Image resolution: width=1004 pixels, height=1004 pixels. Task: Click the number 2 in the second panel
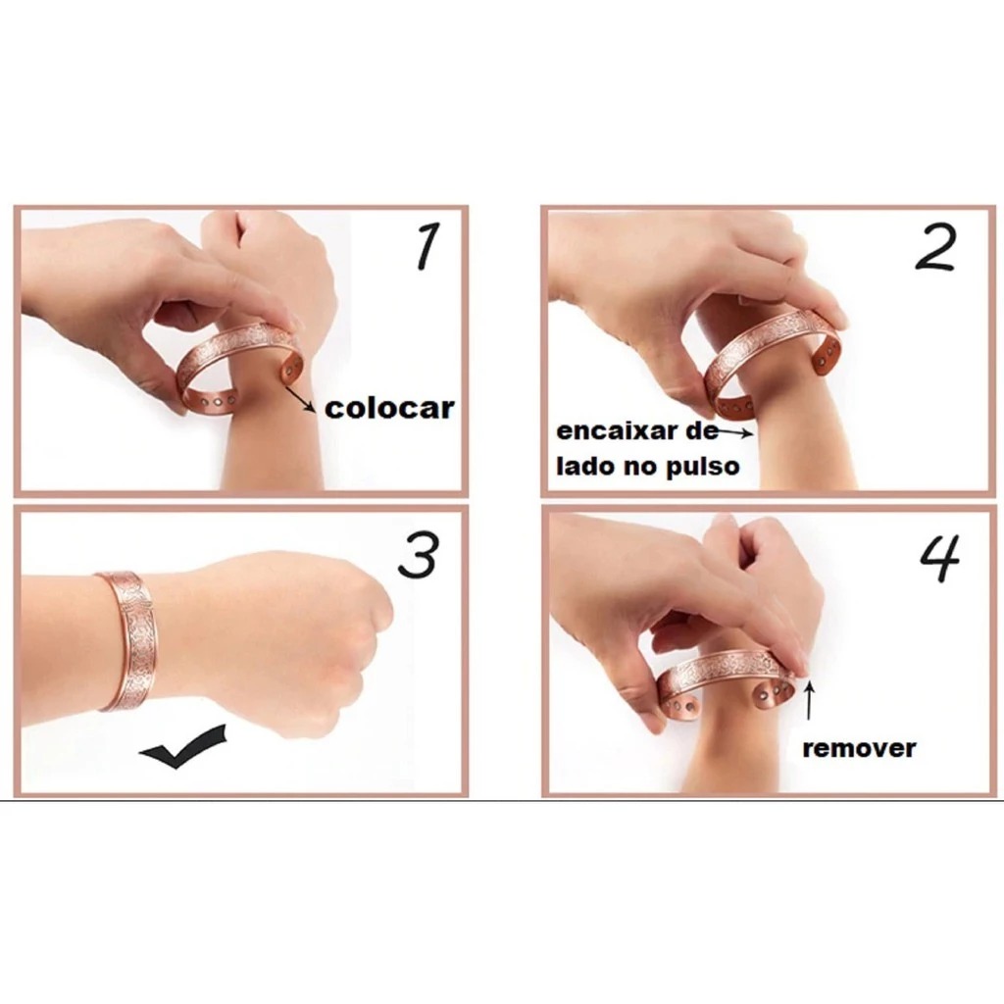click(x=936, y=247)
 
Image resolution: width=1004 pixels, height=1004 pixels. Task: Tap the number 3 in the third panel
click(x=419, y=555)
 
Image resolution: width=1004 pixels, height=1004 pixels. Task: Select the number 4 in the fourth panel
click(x=940, y=558)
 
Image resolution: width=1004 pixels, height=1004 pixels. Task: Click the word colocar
click(x=389, y=408)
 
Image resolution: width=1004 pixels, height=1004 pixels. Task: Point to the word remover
click(x=859, y=748)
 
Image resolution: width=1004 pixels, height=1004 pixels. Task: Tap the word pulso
click(x=703, y=467)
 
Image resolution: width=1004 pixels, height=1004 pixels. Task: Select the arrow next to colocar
click(x=300, y=400)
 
